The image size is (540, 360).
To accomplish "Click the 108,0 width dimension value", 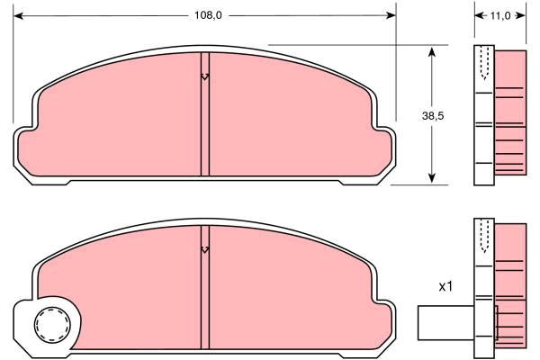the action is [x=208, y=15].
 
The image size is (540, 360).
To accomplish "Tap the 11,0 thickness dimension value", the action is [x=500, y=15].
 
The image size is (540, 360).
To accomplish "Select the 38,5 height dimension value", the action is [x=433, y=116].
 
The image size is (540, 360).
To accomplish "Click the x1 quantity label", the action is [x=445, y=286].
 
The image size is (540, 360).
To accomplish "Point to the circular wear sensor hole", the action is [x=52, y=325].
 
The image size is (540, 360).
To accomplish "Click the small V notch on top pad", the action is [x=205, y=76].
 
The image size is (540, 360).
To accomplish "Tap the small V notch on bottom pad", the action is [x=205, y=250].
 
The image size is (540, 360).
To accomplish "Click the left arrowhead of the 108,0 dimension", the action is [x=18, y=15].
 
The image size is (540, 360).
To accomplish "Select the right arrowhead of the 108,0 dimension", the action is [x=391, y=15].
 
